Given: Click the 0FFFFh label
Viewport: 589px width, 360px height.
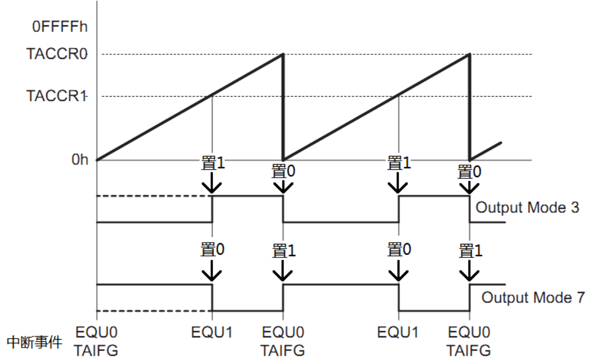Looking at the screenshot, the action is coord(60,26).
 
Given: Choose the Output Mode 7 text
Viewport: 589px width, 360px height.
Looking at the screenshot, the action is coord(533,298).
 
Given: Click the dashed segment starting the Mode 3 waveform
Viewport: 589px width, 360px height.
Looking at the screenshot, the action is coord(154,197).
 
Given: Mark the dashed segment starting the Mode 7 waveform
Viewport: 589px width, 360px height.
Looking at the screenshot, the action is coord(154,311).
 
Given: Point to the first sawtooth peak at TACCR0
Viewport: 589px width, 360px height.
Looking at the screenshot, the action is coord(283,55).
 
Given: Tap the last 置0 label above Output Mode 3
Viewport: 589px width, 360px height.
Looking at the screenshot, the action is coord(469,172).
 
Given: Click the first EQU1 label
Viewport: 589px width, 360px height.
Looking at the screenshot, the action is coord(212,333).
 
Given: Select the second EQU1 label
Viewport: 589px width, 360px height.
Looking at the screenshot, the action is coord(398,333).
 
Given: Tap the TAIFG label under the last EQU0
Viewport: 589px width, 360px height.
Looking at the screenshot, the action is coord(469,349).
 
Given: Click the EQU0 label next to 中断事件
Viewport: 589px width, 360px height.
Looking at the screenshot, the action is coord(96,333).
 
